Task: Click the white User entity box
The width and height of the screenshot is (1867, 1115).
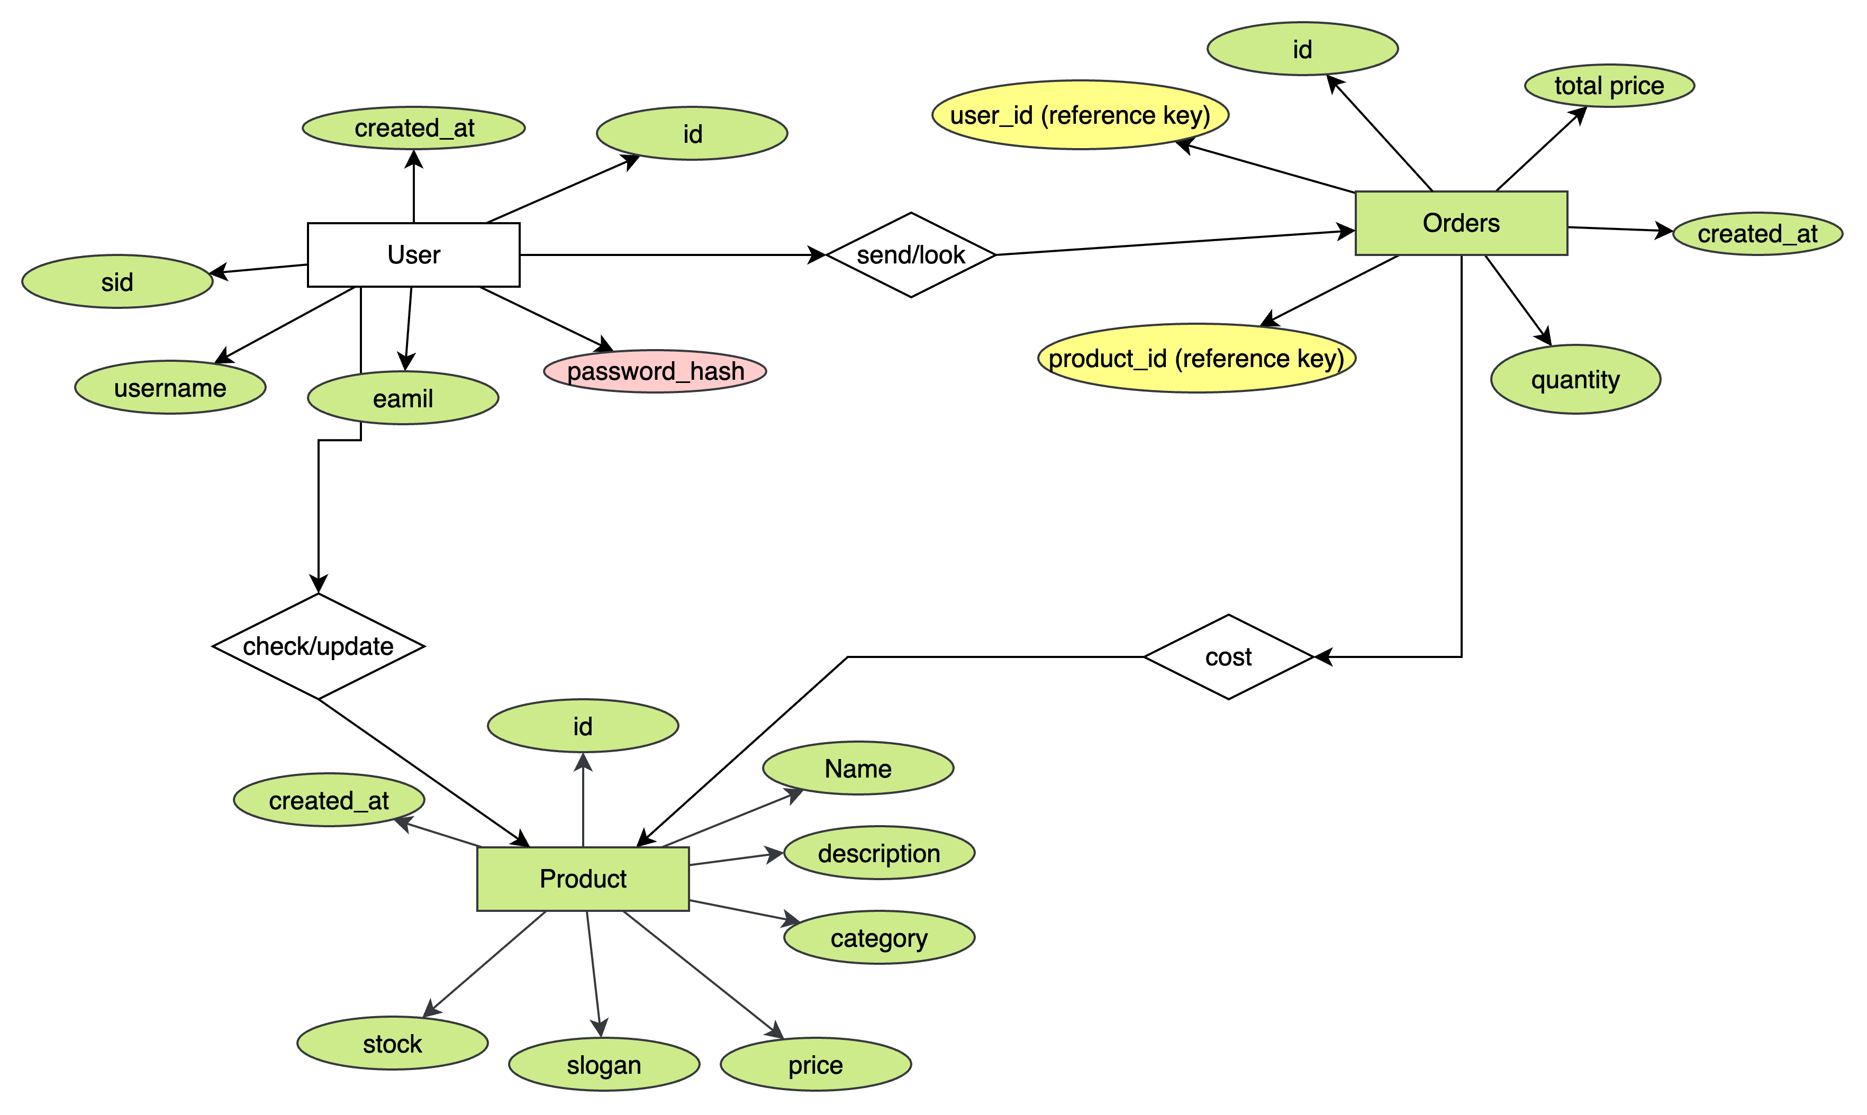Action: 413,255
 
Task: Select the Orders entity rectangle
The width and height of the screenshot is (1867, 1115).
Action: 1461,223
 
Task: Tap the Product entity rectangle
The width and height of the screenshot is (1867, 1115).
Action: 583,879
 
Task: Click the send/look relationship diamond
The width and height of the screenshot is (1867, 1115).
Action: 911,255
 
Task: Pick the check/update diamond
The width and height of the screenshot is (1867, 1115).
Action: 318,646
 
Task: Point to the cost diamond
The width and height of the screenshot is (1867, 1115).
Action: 1228,657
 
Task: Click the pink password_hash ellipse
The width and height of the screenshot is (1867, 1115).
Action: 655,371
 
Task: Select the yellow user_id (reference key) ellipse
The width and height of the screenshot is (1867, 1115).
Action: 1080,115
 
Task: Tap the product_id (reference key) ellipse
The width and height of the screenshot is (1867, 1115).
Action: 1196,359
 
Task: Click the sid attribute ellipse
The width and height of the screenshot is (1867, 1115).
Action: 117,282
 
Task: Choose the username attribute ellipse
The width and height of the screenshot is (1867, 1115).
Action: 170,388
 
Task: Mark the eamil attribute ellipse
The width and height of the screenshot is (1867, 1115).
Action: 403,398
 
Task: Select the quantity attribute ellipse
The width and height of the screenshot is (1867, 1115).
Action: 1575,379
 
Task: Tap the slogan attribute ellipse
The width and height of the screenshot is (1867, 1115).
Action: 603,1065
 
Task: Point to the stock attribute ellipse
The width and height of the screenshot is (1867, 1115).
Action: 392,1044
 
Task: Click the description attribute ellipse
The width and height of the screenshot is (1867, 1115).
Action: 878,854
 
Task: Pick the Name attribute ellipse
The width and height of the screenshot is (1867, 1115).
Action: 858,769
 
